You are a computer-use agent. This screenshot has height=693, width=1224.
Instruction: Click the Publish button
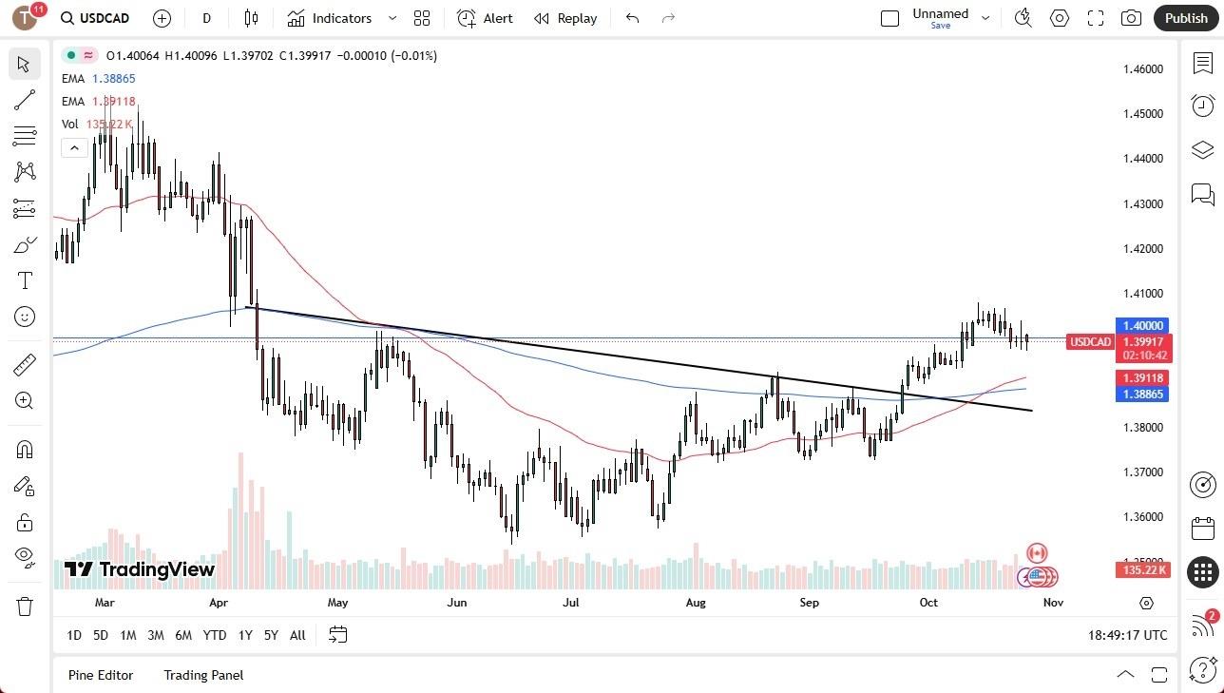(1185, 18)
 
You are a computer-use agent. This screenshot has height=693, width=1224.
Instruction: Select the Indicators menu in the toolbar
(341, 18)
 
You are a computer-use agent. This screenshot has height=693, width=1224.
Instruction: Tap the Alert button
(485, 18)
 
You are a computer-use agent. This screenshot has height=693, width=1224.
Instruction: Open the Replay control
(565, 18)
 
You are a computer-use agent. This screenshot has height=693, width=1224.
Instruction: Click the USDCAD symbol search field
(94, 18)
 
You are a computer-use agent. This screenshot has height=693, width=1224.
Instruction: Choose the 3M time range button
(156, 635)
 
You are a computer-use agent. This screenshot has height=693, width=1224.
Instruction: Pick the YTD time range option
(215, 635)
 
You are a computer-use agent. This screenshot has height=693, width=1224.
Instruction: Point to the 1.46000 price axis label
(1143, 69)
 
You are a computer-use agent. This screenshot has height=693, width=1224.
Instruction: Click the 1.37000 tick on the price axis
(1143, 472)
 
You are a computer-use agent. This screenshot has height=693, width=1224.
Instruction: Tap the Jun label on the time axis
(456, 603)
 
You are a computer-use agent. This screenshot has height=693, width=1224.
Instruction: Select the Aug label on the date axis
(696, 603)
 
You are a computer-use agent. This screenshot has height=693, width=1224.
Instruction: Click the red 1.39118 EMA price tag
(1143, 378)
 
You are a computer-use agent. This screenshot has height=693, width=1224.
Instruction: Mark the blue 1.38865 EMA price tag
(1143, 395)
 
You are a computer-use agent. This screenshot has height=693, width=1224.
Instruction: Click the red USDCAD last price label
(1090, 342)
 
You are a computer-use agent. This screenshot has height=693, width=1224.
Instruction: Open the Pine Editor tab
(101, 675)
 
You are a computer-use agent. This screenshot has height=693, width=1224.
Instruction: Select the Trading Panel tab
(203, 675)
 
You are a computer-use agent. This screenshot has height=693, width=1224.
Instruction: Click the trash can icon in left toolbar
(25, 606)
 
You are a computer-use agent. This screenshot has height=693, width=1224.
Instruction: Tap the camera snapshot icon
(1131, 18)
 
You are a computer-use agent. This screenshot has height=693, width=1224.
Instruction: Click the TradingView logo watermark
(140, 569)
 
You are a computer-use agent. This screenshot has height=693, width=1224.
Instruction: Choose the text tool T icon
(25, 281)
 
